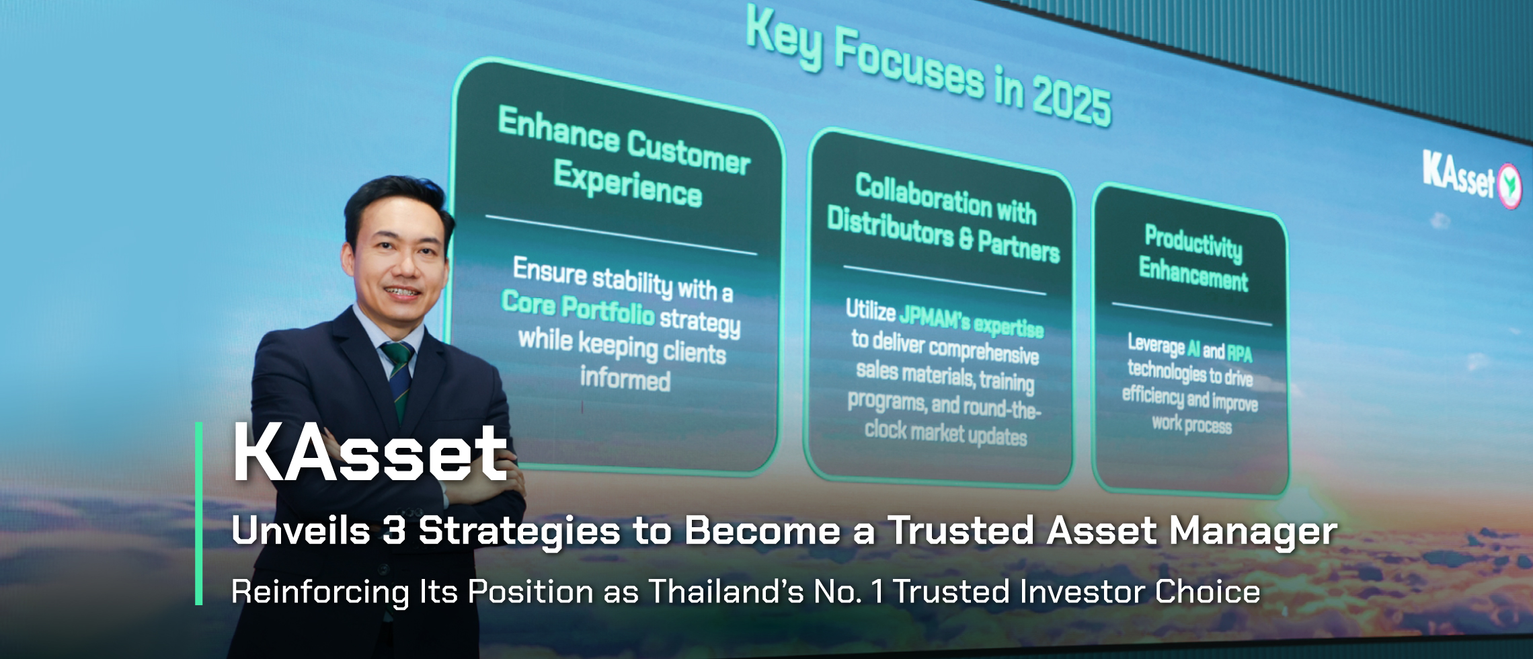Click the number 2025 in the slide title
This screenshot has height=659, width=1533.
pos(1072,101)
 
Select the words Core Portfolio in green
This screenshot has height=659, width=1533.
pos(578,308)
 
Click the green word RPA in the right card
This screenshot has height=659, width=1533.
pos(1239,353)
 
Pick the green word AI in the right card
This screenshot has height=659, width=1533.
pos(1193,348)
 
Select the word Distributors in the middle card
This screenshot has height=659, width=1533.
pos(890,226)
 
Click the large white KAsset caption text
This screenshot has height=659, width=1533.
pos(369,454)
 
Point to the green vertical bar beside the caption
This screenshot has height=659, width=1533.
pos(199,514)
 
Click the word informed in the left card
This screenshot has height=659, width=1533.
pos(625,379)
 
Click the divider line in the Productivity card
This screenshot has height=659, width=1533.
pos(1191,314)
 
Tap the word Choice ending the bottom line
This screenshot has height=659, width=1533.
pos(1207,592)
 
